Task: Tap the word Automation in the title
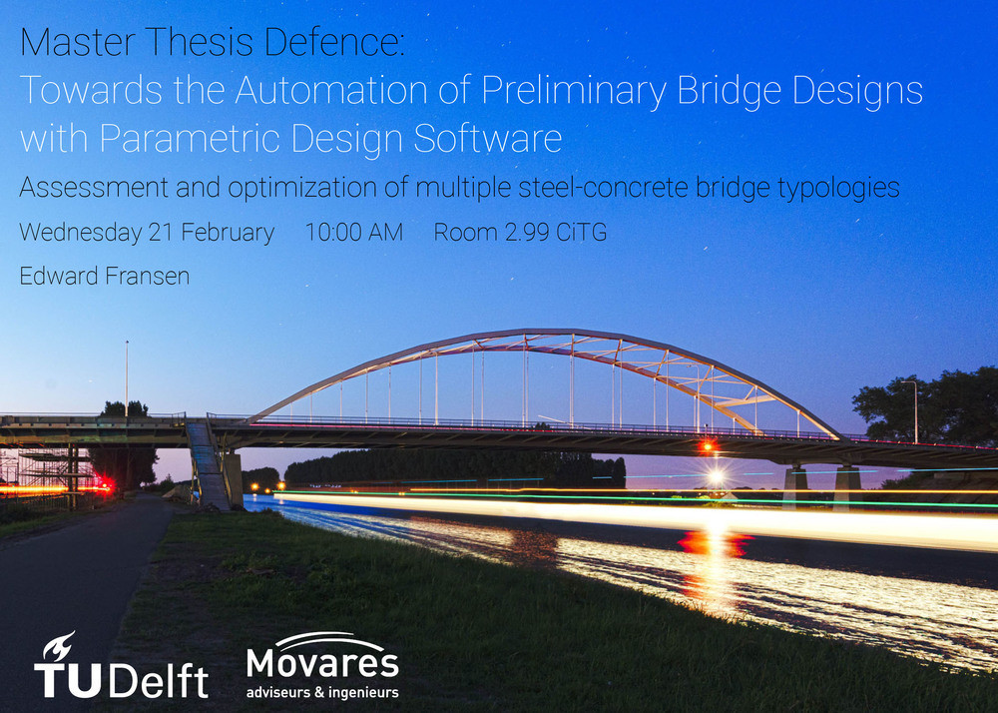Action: [x=331, y=90]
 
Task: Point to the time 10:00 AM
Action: [x=354, y=233]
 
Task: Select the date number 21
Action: [x=161, y=233]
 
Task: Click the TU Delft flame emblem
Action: [x=59, y=646]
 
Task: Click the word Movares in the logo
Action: [x=322, y=663]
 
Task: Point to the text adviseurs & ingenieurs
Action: [x=322, y=692]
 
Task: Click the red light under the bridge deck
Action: [x=708, y=446]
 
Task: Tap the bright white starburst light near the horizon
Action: [x=716, y=476]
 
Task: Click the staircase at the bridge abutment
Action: [x=209, y=464]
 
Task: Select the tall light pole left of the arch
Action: [x=127, y=378]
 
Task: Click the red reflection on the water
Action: [x=716, y=544]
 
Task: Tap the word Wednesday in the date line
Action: [x=81, y=233]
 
